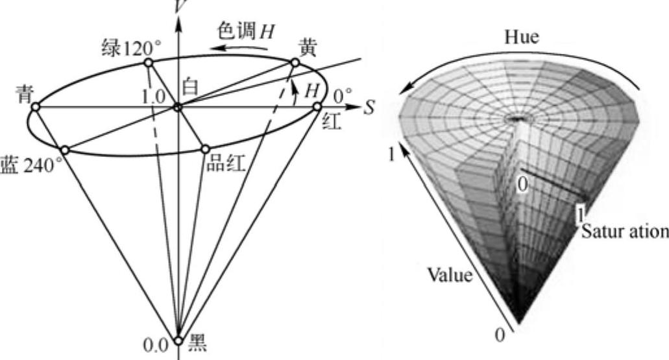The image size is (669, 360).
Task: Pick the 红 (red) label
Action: coord(332,121)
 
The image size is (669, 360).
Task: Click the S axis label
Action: coord(369,108)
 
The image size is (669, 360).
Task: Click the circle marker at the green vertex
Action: coord(148,62)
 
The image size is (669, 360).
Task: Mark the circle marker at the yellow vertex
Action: coord(295,63)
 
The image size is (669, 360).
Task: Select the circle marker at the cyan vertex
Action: coord(36,107)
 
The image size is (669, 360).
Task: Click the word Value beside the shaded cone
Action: coord(450,275)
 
